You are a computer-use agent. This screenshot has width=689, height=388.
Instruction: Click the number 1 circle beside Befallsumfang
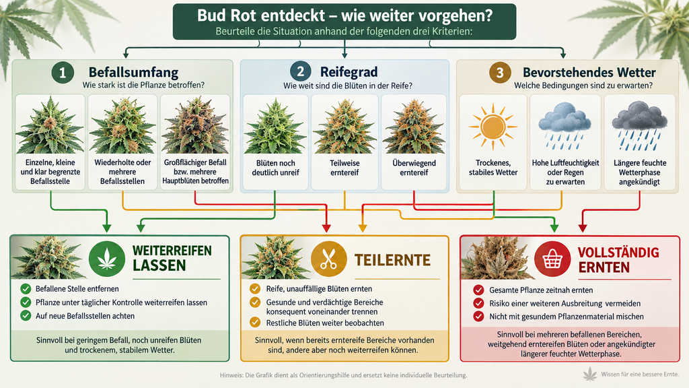(63, 73)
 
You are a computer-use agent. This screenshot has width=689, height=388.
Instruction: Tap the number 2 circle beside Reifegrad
(301, 71)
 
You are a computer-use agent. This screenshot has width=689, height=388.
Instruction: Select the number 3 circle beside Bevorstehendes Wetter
(500, 73)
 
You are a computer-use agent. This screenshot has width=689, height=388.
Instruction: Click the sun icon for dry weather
(493, 127)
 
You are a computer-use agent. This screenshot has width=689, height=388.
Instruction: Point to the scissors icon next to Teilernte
(328, 259)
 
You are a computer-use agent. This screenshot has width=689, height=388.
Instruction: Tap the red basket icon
(552, 259)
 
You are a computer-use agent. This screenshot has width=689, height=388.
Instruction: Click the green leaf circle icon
(107, 259)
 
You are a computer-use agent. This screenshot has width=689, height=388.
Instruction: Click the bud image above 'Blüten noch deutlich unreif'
(275, 126)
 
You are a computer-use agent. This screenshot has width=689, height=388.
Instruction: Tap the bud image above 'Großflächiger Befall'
(195, 125)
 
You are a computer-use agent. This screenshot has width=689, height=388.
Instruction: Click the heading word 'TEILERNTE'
(392, 260)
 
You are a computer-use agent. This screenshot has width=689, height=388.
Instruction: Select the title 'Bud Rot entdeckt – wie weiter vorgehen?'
(344, 15)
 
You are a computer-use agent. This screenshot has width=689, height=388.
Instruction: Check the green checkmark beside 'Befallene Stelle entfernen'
(26, 289)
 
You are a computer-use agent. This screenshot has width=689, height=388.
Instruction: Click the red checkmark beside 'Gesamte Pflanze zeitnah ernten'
(478, 290)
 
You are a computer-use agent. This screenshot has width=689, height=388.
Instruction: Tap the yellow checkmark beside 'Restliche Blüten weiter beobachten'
(255, 323)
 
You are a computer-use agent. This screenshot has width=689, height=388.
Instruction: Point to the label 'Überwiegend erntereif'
(414, 168)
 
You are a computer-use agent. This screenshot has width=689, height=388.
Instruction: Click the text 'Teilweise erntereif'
(344, 168)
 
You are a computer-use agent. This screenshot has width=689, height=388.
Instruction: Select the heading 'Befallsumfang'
(134, 72)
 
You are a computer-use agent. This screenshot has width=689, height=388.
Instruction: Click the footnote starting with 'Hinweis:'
(344, 375)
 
